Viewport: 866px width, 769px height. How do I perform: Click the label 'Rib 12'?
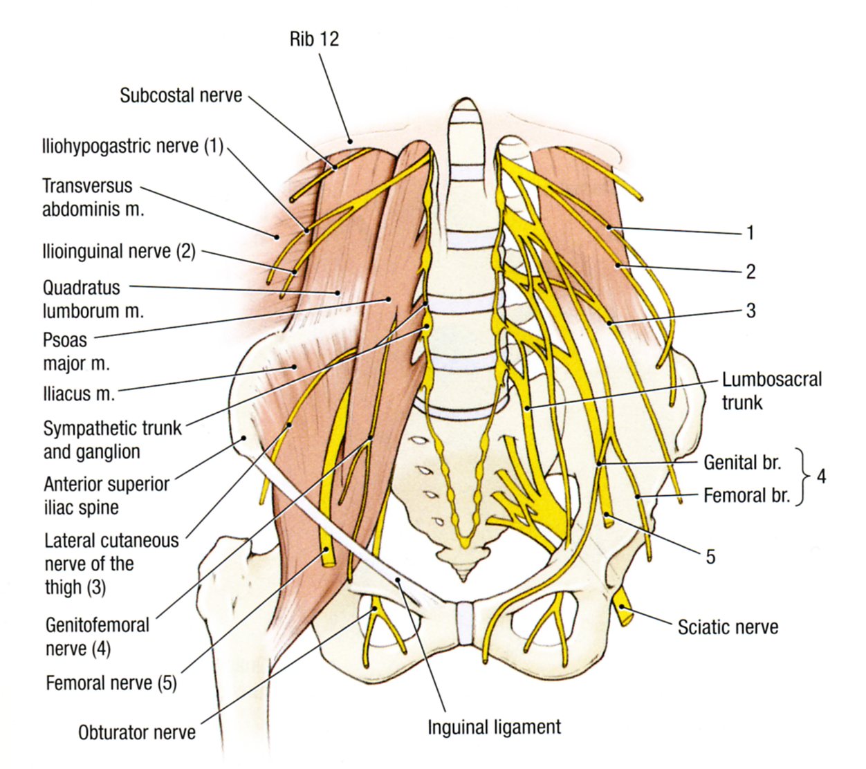coord(314,39)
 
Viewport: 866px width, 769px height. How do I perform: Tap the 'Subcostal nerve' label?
coord(181,95)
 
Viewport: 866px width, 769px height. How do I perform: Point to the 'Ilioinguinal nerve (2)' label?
coord(119,251)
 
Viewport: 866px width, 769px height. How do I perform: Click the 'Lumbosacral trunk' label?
coord(771,391)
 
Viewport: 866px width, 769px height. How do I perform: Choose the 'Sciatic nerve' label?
coord(728,627)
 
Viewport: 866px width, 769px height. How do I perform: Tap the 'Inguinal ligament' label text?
coord(494,728)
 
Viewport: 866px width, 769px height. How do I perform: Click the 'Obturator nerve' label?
coord(136,732)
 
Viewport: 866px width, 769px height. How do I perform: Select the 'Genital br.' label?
coord(742,463)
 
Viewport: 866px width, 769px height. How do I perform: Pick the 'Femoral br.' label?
coord(746,495)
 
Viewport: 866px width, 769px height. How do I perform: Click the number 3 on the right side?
coord(750,311)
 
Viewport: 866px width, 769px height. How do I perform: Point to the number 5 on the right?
coord(710,556)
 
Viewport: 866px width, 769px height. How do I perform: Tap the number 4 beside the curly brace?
coord(821,476)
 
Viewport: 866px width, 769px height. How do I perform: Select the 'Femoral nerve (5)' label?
coord(111,683)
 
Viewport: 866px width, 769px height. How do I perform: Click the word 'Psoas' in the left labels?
coord(65,340)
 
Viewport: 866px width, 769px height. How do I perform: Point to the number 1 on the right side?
coord(750,233)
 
